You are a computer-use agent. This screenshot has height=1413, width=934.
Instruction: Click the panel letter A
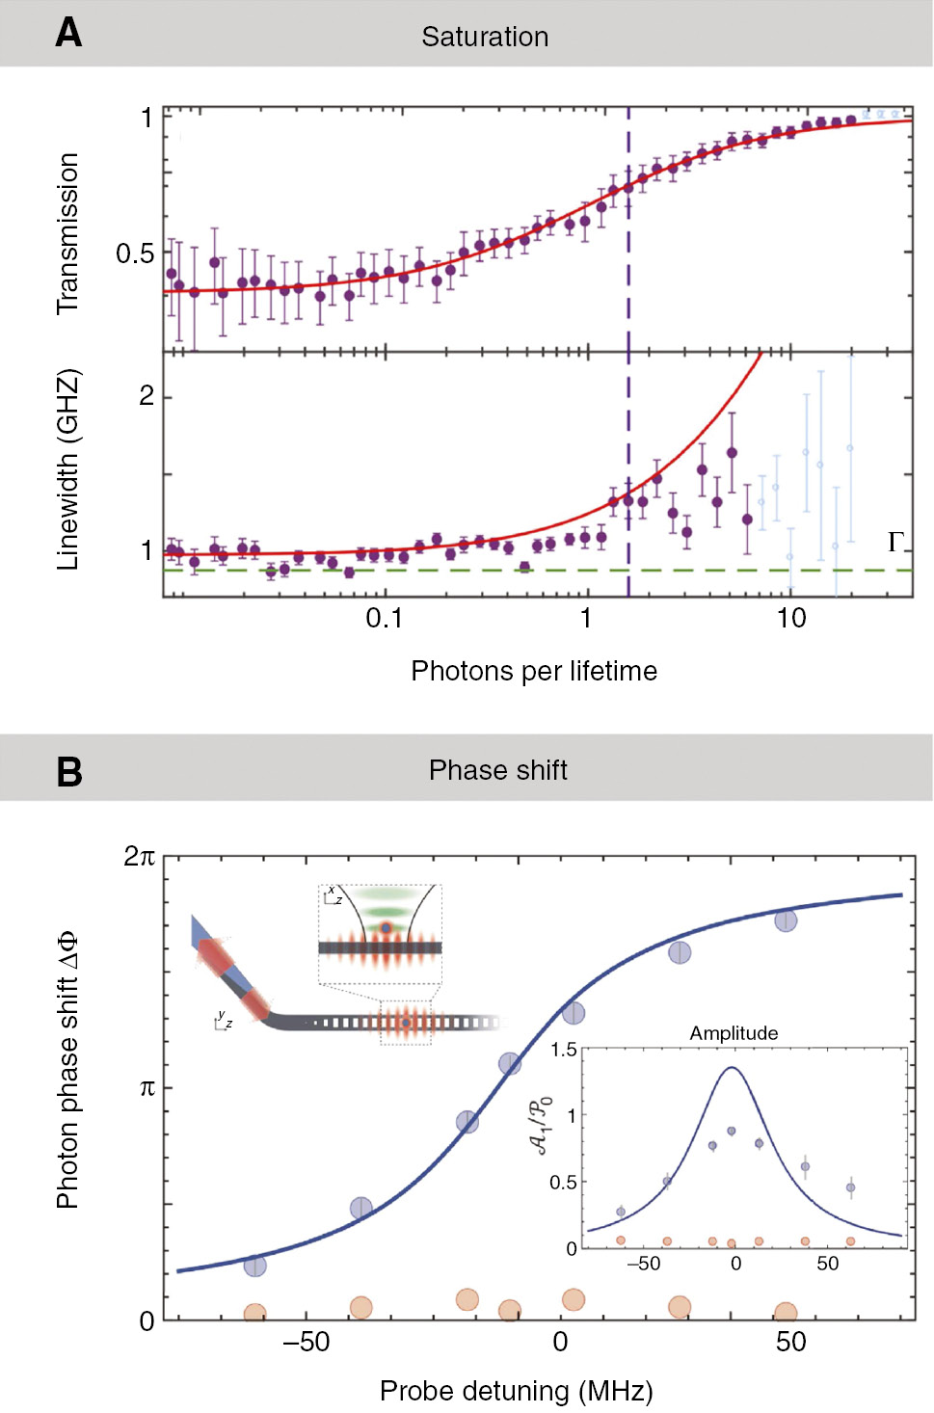pyautogui.click(x=68, y=33)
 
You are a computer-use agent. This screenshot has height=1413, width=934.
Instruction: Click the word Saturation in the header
pyautogui.click(x=485, y=37)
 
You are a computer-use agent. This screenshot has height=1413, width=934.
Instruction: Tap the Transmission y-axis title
pyautogui.click(x=67, y=234)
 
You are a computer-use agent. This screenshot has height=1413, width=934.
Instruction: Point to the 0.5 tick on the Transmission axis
pyautogui.click(x=135, y=253)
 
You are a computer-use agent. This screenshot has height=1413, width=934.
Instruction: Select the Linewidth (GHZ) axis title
pyautogui.click(x=67, y=469)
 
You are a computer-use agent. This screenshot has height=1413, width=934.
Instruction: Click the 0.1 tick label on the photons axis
pyautogui.click(x=384, y=618)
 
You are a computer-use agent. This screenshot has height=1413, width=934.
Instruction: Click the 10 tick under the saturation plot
pyautogui.click(x=791, y=618)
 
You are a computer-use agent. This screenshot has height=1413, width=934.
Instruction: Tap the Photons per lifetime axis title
pyautogui.click(x=534, y=671)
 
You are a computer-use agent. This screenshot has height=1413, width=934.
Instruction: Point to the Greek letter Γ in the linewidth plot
pyautogui.click(x=895, y=542)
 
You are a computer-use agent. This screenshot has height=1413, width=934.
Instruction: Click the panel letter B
pyautogui.click(x=69, y=772)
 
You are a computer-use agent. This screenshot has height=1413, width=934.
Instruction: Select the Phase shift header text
pyautogui.click(x=497, y=770)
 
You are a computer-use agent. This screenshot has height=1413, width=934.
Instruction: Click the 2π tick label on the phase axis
pyautogui.click(x=139, y=856)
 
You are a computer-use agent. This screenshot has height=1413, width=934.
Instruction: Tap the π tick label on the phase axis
pyautogui.click(x=147, y=1088)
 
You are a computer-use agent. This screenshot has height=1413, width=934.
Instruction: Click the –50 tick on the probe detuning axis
pyautogui.click(x=306, y=1342)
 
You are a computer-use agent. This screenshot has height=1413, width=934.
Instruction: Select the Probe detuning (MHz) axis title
pyautogui.click(x=516, y=1391)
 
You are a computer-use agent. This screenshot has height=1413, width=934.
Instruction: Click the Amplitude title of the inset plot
pyautogui.click(x=734, y=1033)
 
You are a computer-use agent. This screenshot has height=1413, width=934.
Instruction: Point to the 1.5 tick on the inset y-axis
pyautogui.click(x=564, y=1050)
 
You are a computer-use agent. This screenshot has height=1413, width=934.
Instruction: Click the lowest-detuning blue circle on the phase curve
pyautogui.click(x=254, y=1266)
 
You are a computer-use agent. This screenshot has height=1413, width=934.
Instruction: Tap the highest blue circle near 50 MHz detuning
pyautogui.click(x=787, y=920)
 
